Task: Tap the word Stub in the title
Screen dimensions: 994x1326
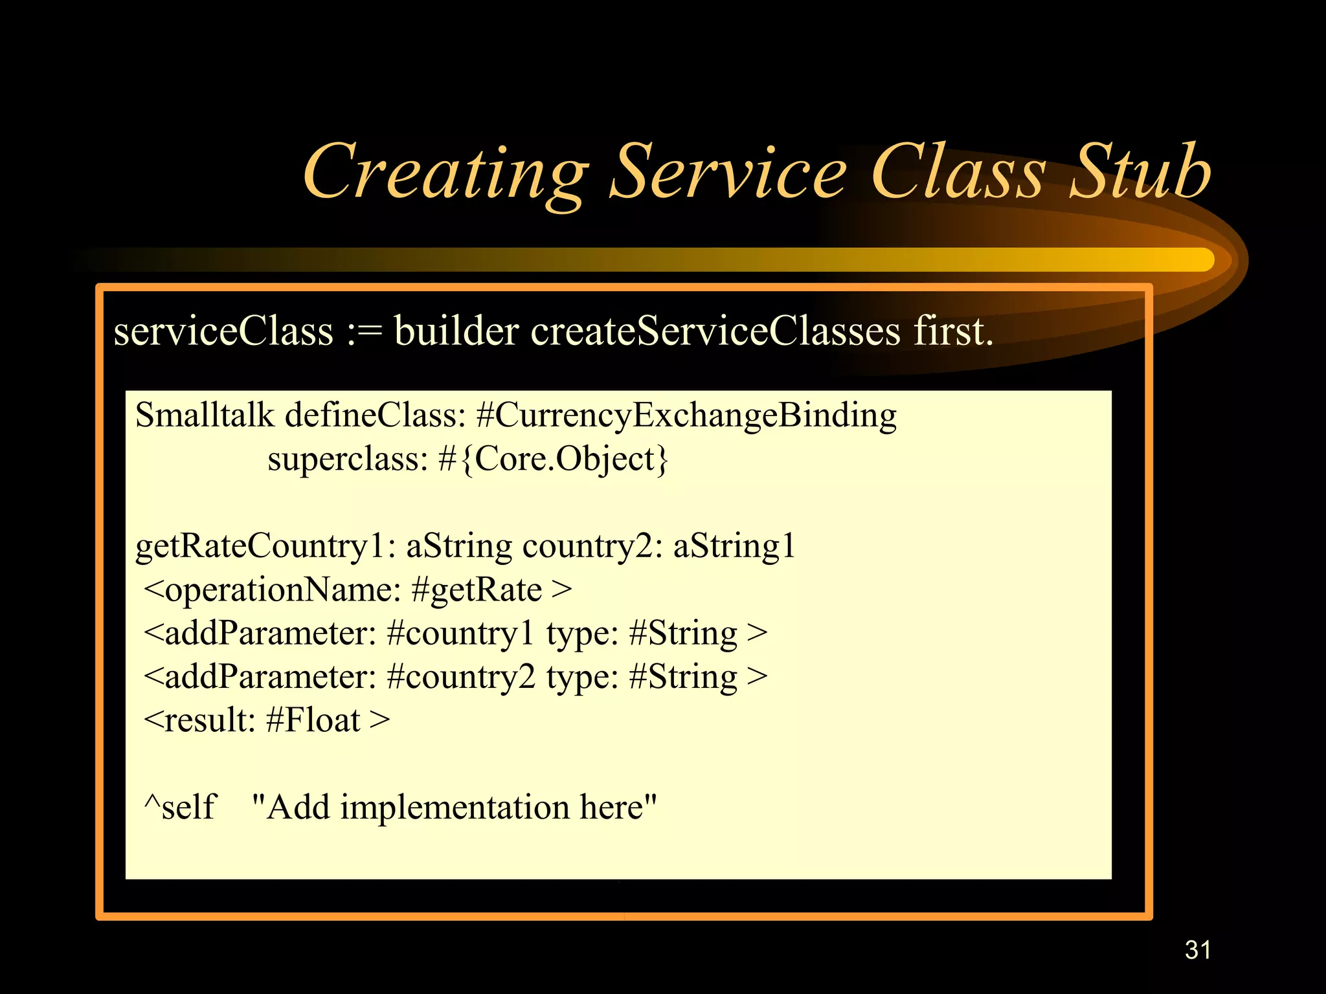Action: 1140,171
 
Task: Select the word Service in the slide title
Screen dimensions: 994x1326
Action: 728,171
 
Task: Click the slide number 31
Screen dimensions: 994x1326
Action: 1197,950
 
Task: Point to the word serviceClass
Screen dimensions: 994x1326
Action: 223,331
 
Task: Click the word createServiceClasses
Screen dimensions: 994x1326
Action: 715,331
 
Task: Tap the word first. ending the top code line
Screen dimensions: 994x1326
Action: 953,331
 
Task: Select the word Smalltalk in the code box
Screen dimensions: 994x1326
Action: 205,415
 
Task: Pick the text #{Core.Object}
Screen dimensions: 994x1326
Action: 553,459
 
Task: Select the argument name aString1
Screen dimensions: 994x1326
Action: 734,547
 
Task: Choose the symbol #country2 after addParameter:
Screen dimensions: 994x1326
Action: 460,678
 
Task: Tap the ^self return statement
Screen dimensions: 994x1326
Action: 180,808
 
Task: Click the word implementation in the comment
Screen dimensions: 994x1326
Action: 455,808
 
